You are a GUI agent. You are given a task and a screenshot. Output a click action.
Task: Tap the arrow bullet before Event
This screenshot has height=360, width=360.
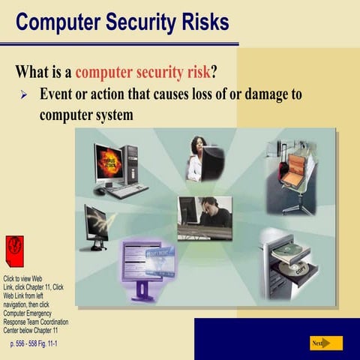tap(23, 96)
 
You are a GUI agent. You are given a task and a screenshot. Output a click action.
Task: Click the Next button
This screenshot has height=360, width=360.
tap(325, 343)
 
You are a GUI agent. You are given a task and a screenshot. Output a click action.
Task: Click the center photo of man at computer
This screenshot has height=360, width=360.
tap(204, 217)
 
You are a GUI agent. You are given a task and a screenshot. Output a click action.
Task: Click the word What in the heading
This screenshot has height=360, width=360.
tap(35, 73)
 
